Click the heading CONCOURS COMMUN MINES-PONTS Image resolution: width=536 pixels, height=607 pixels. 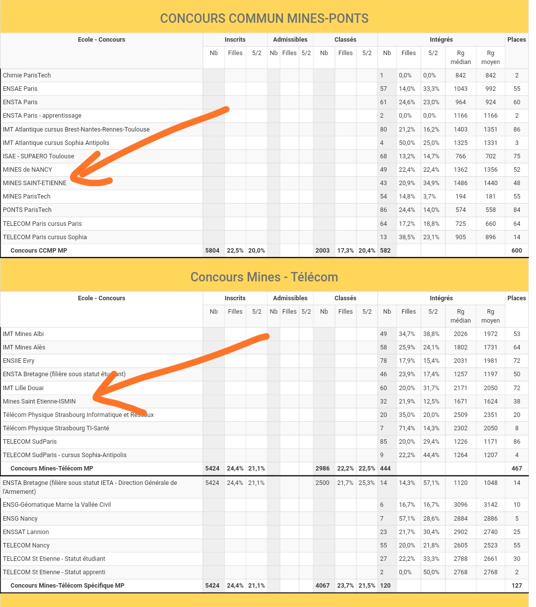(264, 19)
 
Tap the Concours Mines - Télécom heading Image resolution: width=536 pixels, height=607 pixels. (264, 277)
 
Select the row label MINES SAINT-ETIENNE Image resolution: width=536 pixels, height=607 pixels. (35, 183)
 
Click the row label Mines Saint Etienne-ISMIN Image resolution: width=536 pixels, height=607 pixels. (39, 402)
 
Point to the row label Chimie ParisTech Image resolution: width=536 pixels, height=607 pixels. (27, 75)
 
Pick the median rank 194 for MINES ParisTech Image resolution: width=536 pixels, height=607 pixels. (461, 197)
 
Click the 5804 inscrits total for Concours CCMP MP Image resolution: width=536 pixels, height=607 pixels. (212, 251)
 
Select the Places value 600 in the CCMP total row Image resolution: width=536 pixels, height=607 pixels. (517, 251)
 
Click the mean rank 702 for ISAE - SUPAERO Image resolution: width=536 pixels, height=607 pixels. (490, 156)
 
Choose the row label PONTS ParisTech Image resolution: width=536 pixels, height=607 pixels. (27, 210)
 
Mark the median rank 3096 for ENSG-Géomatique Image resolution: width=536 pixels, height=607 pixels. (461, 505)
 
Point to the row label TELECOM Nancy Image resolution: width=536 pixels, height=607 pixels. (26, 545)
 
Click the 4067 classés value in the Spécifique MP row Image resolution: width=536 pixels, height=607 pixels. (323, 586)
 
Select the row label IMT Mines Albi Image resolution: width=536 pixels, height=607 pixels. (23, 334)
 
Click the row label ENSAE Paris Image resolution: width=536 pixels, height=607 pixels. (20, 89)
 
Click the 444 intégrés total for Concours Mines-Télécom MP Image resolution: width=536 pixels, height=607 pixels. (386, 469)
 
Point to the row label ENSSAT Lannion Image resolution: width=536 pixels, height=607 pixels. (26, 532)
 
